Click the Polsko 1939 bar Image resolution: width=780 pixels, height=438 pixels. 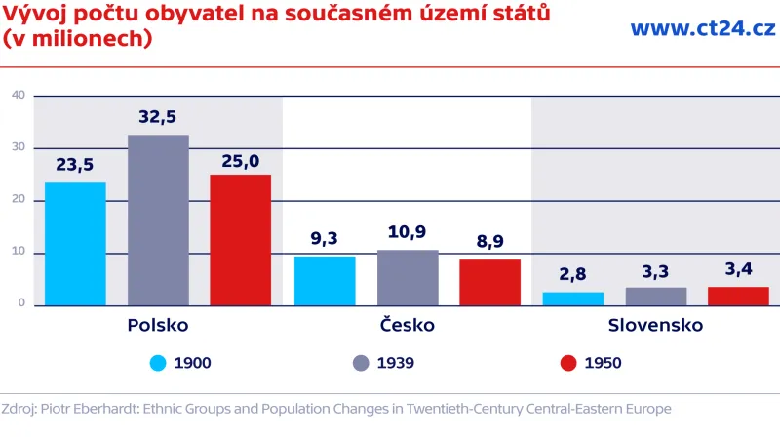coord(158,219)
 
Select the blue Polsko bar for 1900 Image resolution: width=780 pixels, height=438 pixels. coord(75,244)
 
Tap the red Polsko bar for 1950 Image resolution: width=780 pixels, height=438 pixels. coord(240,240)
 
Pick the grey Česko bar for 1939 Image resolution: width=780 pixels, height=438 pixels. coord(408,278)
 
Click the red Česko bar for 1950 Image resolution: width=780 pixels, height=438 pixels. coord(489,282)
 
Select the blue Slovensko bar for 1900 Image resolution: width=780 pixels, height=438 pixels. coord(573,299)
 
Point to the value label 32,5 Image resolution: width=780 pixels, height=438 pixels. coord(158,117)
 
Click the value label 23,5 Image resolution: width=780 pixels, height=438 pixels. coord(75,165)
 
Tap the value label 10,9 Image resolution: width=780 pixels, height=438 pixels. coord(408,233)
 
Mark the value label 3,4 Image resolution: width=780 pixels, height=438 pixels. coord(738,270)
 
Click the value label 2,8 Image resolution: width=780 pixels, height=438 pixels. coord(573,274)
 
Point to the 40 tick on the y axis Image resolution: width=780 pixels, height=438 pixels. coord(18,95)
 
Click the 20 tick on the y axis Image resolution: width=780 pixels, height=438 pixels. coord(18,200)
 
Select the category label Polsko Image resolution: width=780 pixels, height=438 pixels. coord(158,325)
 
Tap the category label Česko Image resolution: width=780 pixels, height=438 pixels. coord(408,325)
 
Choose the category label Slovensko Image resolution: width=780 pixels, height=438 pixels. coord(655,325)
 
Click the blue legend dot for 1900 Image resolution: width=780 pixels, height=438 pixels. coord(158,363)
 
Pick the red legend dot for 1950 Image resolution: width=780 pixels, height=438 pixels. coord(568,363)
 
